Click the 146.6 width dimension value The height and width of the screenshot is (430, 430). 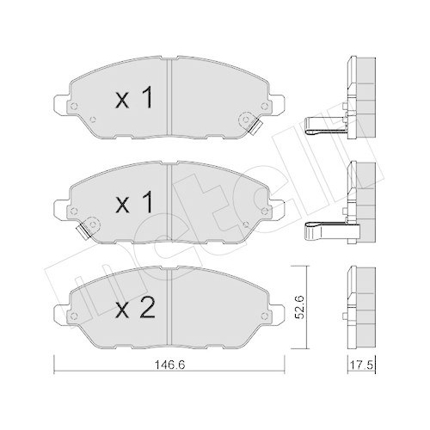point(170,365)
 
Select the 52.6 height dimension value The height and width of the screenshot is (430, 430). point(299,307)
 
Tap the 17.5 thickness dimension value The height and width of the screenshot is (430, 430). point(361,365)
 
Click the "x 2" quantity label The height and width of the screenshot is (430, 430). point(135,308)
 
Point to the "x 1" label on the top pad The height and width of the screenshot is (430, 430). point(133,98)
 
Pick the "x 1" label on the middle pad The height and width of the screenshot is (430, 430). point(133,202)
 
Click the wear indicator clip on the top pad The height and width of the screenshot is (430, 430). point(255,127)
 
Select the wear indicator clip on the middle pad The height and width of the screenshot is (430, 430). point(83,231)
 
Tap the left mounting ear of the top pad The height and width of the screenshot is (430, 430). point(61,102)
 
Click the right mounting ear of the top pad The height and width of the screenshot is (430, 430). point(277,102)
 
